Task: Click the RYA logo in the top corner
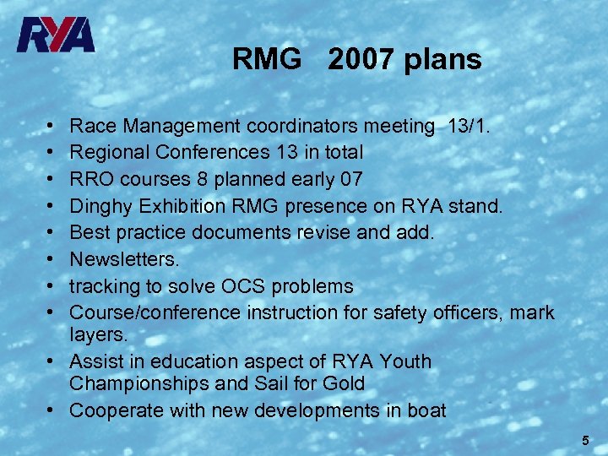[x=57, y=35]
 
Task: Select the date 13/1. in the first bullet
[x=473, y=127]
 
